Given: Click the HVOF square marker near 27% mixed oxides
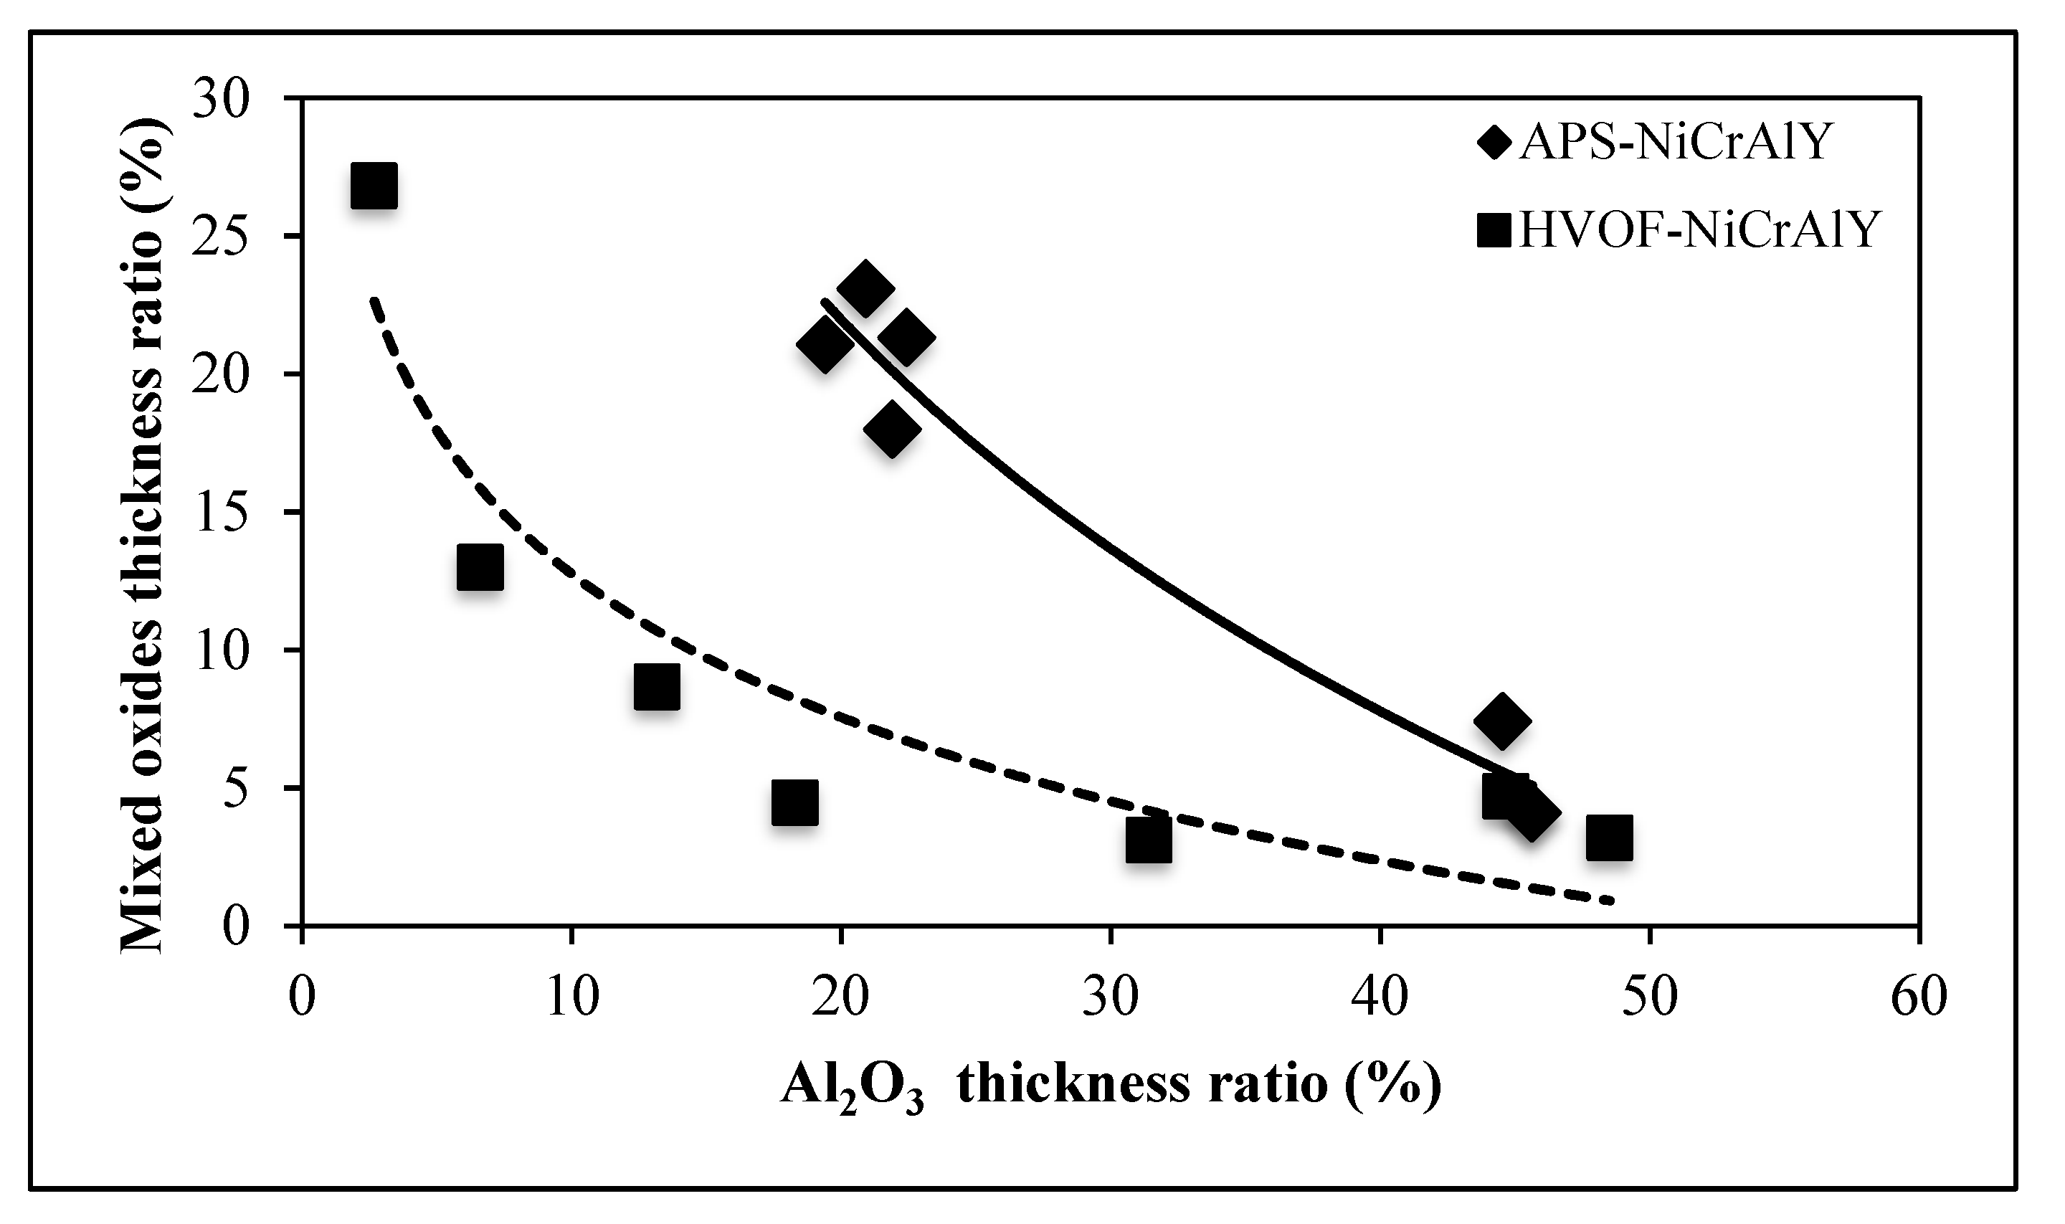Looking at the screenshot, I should pyautogui.click(x=374, y=186).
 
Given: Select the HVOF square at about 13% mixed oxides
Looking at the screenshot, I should pyautogui.click(x=480, y=566).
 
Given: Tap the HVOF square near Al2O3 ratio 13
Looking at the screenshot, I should pyautogui.click(x=657, y=686).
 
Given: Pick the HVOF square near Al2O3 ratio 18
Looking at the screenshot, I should pyautogui.click(x=795, y=802).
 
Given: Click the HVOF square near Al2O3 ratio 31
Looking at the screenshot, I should pyautogui.click(x=1148, y=840).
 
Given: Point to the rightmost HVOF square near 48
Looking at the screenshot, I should pyautogui.click(x=1609, y=838).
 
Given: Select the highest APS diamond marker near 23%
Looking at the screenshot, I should pyautogui.click(x=864, y=289).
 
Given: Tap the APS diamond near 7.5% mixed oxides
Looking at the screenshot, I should pyautogui.click(x=1501, y=720).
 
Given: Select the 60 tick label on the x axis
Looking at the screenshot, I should pyautogui.click(x=1919, y=997).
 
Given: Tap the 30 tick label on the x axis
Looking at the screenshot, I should pyautogui.click(x=1111, y=997).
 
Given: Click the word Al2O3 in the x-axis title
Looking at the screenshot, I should pyautogui.click(x=852, y=1086).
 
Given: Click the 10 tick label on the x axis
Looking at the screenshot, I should pyautogui.click(x=571, y=997).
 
